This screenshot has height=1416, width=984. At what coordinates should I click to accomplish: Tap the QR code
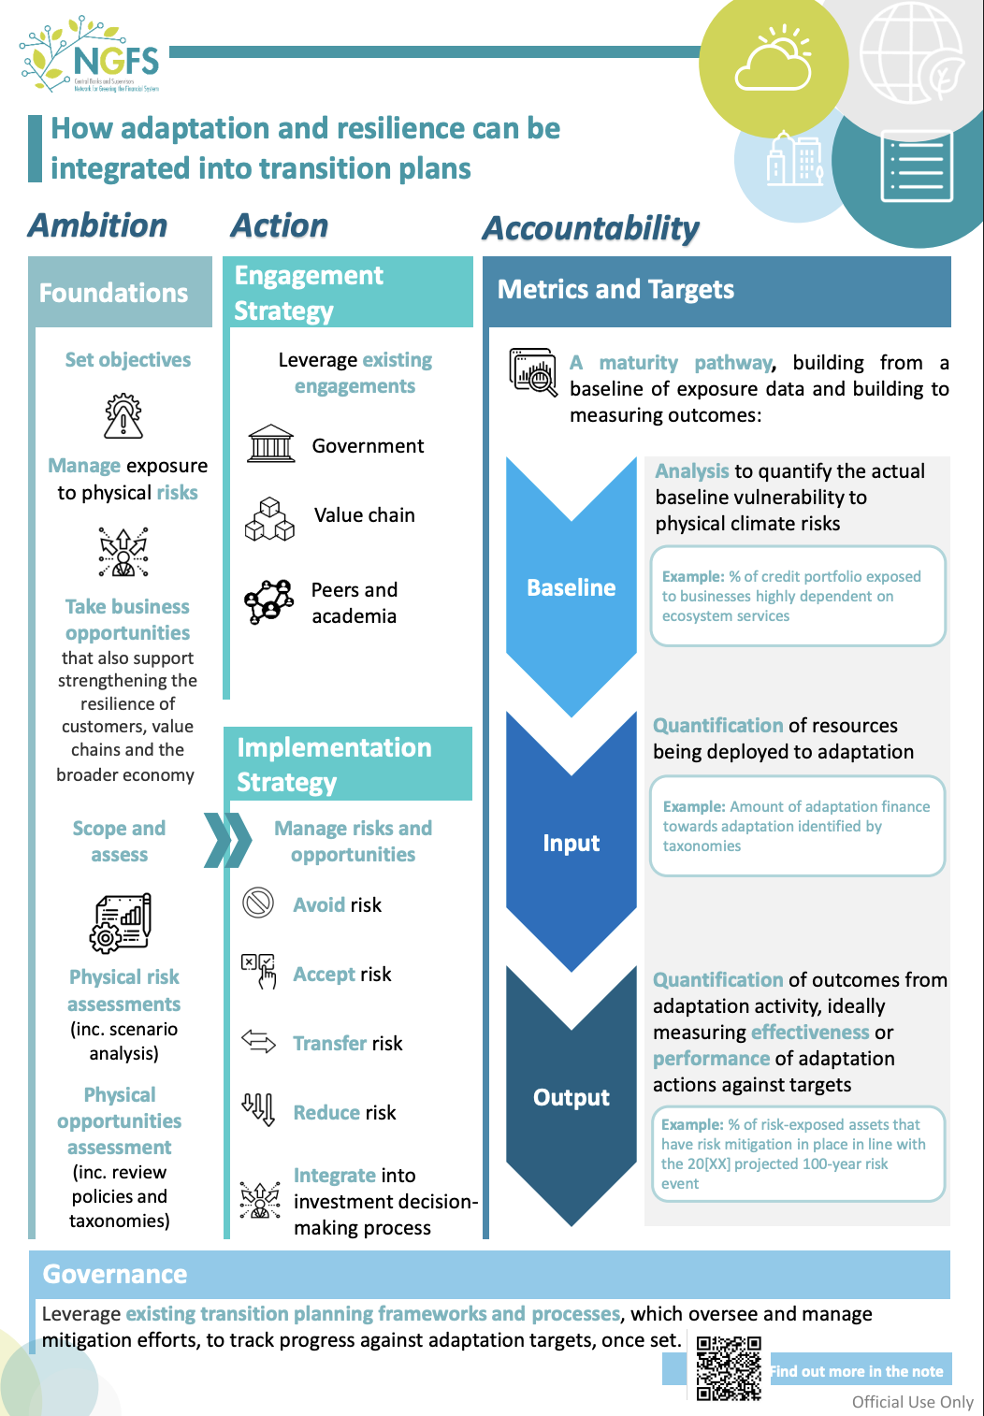pos(729,1368)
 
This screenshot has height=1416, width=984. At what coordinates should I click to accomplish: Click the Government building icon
pos(271,444)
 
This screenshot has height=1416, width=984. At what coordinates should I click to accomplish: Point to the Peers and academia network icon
pos(268,600)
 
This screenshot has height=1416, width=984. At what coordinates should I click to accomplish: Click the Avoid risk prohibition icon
pos(257,903)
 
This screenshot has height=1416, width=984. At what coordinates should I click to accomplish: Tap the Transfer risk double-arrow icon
pos(258,1041)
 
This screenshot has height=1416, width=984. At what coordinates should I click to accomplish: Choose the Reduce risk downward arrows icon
pos(258,1109)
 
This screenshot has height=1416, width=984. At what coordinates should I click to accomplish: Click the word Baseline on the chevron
pos(571,587)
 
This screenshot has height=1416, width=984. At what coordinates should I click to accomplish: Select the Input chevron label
pos(571,843)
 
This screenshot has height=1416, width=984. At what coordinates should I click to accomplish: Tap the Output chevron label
pos(571,1097)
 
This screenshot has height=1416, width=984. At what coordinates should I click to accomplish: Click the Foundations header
pos(114,293)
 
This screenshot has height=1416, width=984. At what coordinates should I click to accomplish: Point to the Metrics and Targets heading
pos(615,290)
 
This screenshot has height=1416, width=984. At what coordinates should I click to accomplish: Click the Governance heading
pos(115,1274)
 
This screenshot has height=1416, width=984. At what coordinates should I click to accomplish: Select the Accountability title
pos(590,228)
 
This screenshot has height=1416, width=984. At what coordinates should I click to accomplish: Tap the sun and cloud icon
pos(774,60)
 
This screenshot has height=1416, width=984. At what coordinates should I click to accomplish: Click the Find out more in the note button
pos(856,1371)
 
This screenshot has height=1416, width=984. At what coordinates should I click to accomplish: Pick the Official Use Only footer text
pos(912,1401)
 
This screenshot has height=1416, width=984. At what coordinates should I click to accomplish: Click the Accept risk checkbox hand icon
pos(259,971)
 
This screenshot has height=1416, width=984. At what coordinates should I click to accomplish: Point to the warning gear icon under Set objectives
pos(123,415)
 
